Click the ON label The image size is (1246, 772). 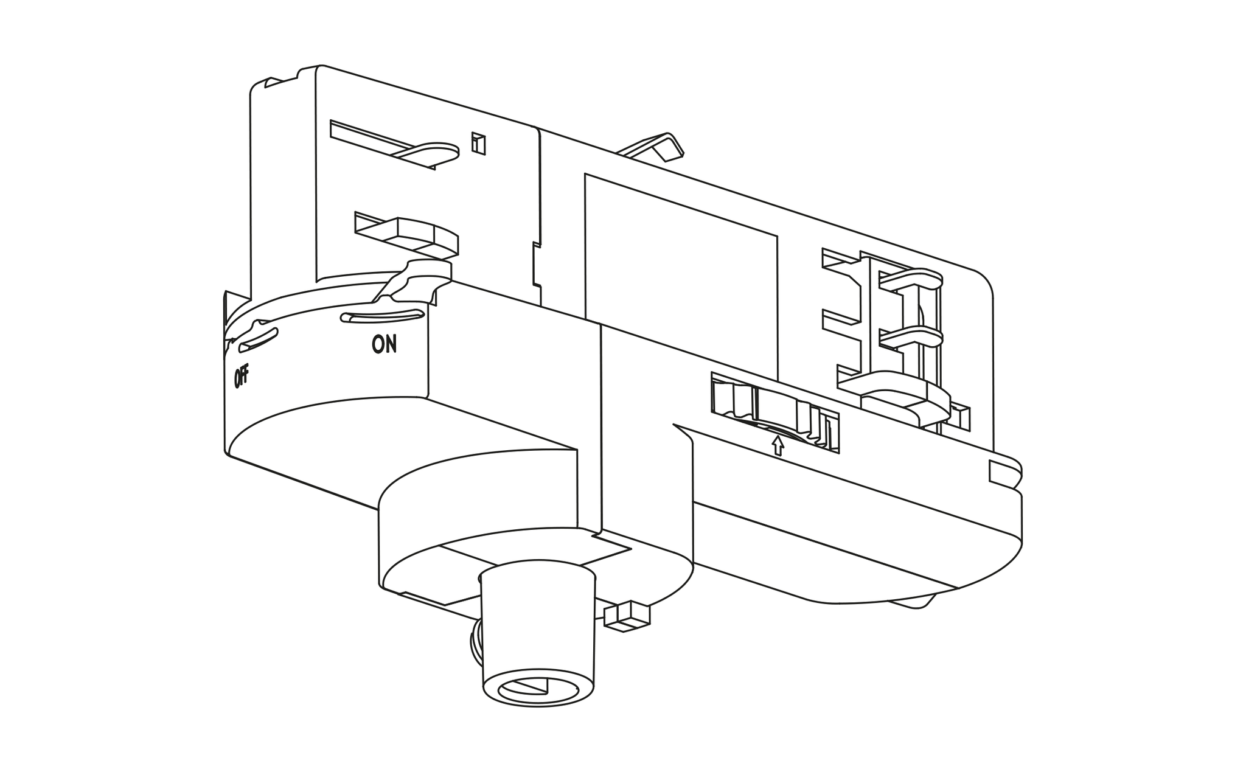tap(385, 345)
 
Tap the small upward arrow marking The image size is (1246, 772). tap(778, 445)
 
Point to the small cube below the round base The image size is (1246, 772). tap(627, 616)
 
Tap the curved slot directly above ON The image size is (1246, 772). tap(382, 315)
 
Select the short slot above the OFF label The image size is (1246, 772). tap(259, 340)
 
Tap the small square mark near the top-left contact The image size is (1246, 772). tap(479, 143)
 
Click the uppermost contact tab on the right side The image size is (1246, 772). tap(910, 279)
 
